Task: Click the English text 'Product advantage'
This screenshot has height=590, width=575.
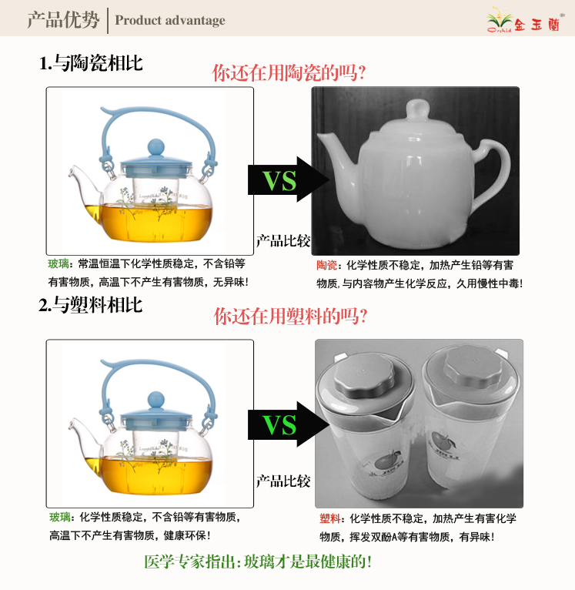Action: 170,20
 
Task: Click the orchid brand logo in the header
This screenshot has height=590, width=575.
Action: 525,21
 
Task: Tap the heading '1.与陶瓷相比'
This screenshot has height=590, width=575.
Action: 91,63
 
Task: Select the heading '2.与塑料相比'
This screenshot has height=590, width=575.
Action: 91,305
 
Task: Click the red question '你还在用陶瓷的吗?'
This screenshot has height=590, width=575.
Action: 289,72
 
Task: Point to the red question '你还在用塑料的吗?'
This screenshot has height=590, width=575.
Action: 290,316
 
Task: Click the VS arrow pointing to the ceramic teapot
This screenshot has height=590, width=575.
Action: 289,179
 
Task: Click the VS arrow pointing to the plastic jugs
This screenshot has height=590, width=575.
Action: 289,424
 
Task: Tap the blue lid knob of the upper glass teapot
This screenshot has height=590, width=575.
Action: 155,147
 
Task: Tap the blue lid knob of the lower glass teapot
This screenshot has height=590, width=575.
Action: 155,400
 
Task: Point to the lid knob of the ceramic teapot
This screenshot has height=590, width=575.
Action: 417,110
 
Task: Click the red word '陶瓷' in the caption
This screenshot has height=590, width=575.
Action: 326,265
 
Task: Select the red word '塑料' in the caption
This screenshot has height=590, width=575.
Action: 329,518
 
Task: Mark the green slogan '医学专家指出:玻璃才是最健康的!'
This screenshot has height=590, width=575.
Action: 258,562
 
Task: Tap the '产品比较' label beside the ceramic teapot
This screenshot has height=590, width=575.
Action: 282,241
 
